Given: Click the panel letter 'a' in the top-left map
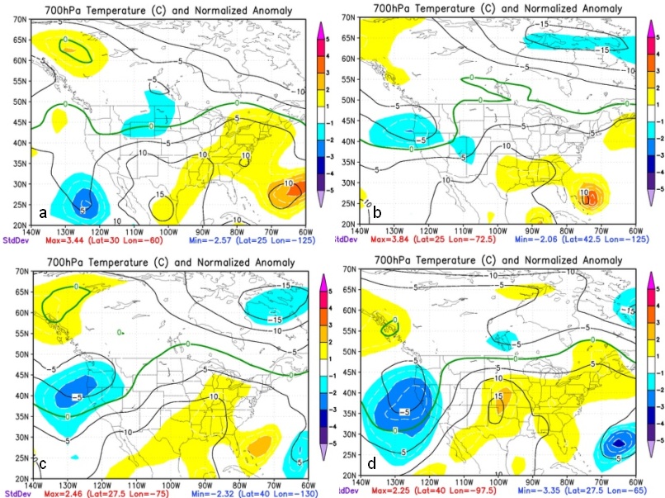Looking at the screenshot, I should click(42, 214).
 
